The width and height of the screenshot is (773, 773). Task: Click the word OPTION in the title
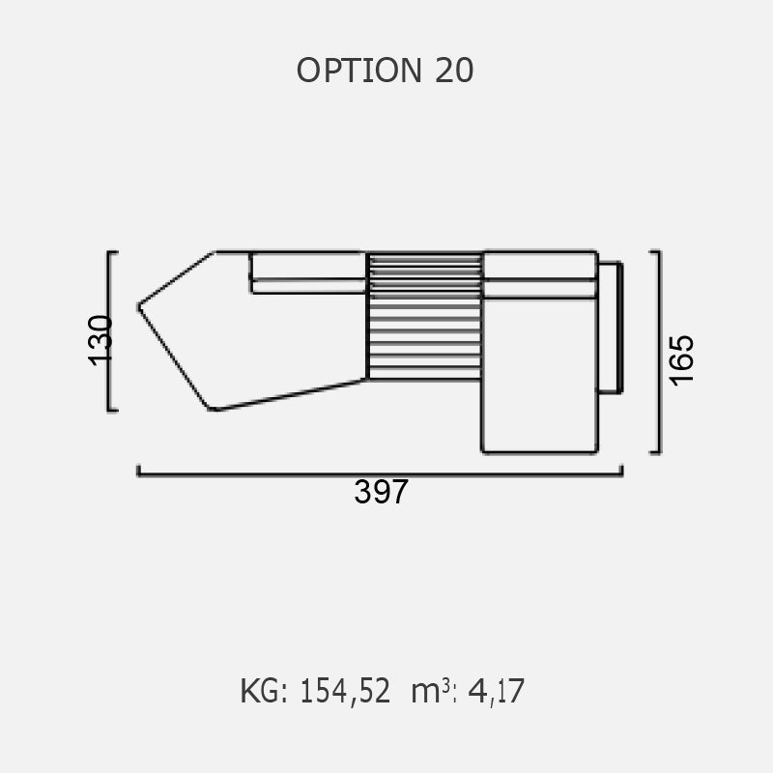click(358, 70)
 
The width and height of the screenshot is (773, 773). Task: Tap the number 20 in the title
click(454, 70)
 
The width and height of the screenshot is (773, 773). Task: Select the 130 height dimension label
click(100, 340)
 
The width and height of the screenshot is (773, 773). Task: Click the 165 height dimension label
click(681, 359)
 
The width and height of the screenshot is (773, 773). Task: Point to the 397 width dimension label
click(381, 492)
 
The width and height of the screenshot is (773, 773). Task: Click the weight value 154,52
click(345, 691)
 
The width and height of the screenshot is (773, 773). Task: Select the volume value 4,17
click(496, 691)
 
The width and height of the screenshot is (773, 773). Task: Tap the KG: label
click(264, 691)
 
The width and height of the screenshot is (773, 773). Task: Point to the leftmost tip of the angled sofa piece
click(138, 307)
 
